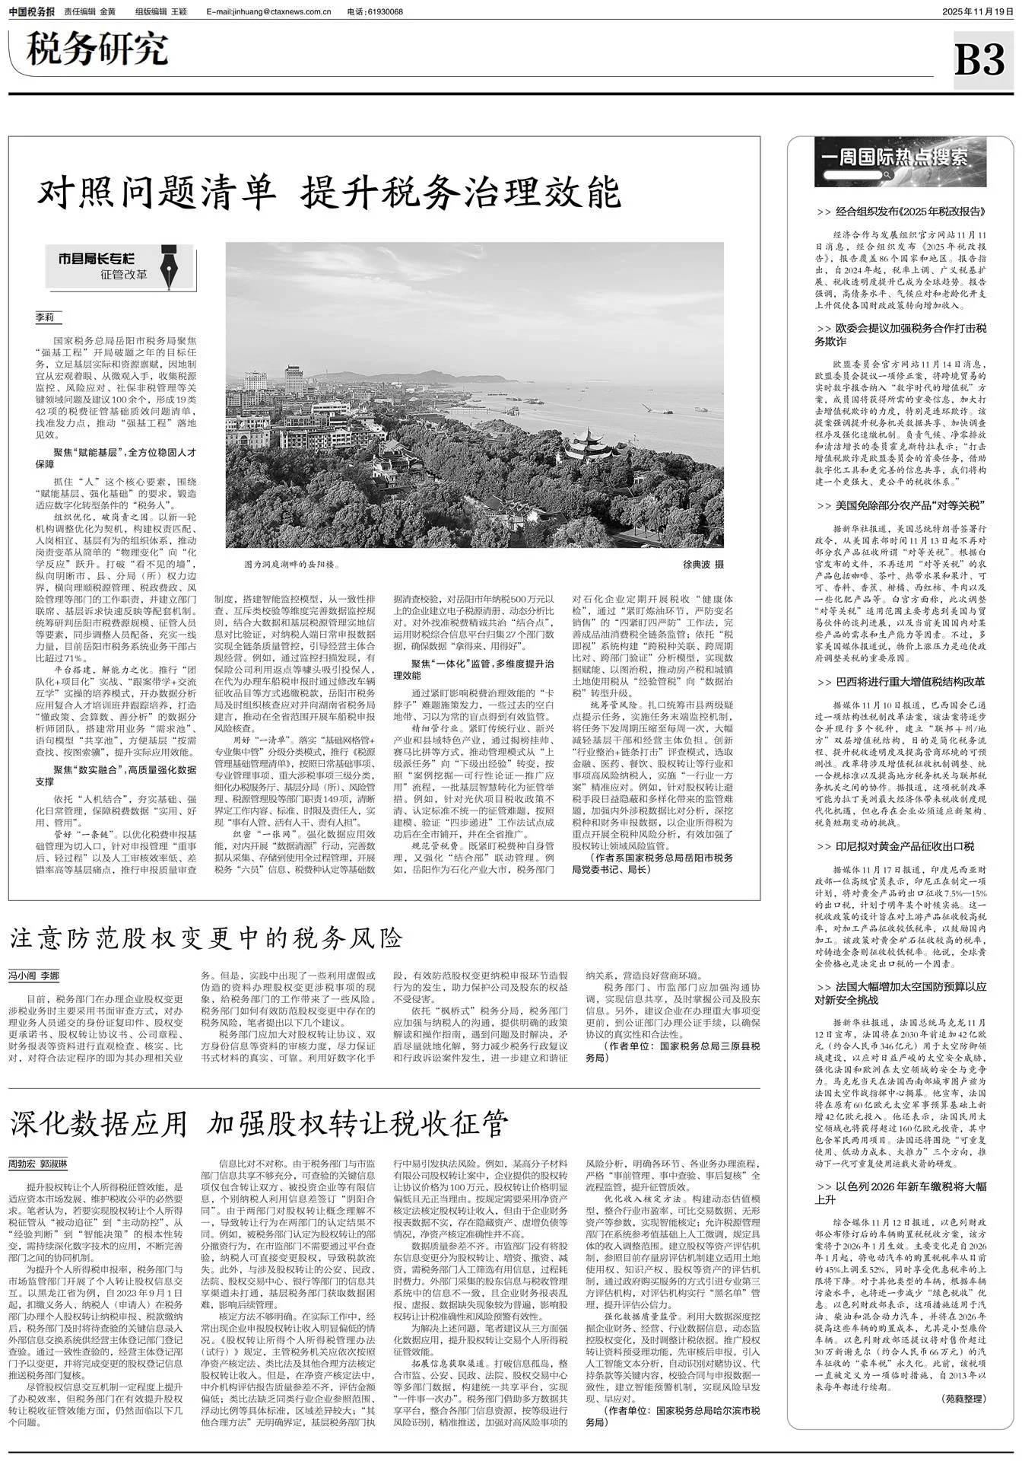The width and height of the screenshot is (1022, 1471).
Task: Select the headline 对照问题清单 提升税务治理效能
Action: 329,193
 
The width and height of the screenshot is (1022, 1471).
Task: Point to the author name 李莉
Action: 45,317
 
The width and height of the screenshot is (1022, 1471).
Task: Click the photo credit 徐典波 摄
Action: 703,564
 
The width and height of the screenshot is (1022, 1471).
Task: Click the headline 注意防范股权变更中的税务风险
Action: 206,938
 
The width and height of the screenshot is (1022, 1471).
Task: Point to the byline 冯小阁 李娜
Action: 33,976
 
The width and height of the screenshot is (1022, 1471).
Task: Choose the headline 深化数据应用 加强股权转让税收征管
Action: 259,1122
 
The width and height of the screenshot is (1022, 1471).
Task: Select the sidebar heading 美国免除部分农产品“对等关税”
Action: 901,505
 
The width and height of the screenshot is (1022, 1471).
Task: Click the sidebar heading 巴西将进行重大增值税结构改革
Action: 901,682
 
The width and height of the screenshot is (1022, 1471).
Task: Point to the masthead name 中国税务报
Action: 31,11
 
